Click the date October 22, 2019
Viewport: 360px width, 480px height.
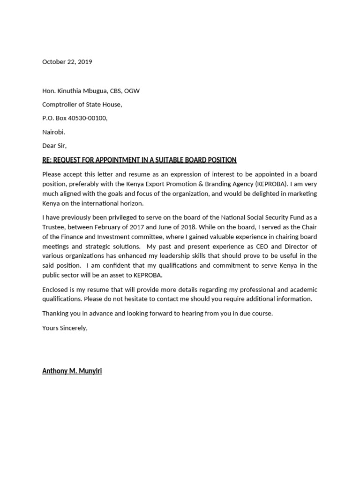pos(67,62)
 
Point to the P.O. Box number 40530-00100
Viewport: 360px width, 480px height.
pos(88,118)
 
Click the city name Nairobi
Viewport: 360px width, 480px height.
pos(53,132)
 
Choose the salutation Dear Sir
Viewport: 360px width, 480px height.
pos(54,146)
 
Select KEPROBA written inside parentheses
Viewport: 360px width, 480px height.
pos(268,184)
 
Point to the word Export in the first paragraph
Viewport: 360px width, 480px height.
pos(145,184)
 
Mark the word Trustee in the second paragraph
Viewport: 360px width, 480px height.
pos(54,227)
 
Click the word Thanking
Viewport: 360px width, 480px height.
pos(56,314)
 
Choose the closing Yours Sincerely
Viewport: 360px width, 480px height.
pos(65,328)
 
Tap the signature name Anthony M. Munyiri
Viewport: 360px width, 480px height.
pos(72,371)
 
